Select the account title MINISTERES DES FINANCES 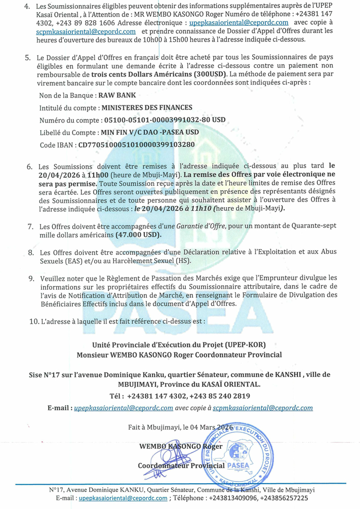pos(147,107)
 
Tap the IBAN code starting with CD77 pos(136,145)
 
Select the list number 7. pos(31,227)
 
